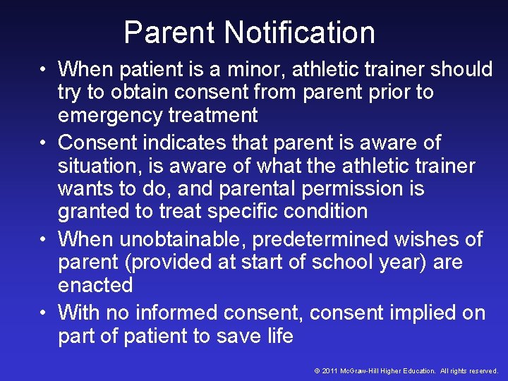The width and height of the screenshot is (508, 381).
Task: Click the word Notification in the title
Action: (300, 32)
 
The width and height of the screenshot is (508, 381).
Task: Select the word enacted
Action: (95, 285)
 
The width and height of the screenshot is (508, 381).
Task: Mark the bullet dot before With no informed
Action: (44, 313)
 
